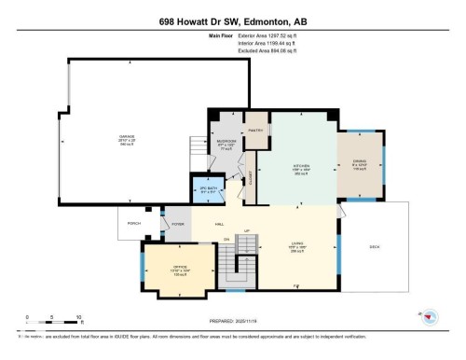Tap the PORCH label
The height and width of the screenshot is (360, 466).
click(x=132, y=223)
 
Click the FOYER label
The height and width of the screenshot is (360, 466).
click(x=177, y=224)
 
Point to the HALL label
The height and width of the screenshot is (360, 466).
click(x=220, y=224)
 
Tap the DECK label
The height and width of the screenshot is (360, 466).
click(x=375, y=247)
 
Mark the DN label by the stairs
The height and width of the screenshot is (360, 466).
click(x=226, y=240)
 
